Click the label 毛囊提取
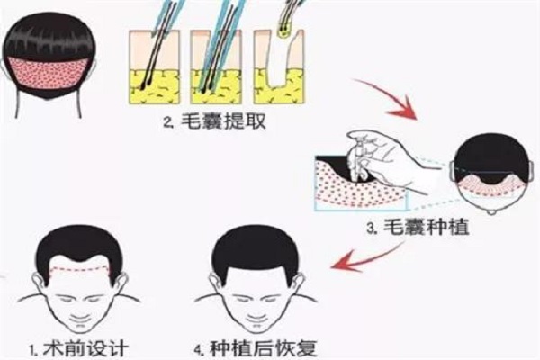(223, 121)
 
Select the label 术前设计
(85, 348)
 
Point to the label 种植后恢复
(264, 348)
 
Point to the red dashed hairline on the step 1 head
(80, 268)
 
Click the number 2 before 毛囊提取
(167, 122)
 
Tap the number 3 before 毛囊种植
(371, 229)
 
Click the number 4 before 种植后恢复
(198, 349)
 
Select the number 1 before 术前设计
(33, 349)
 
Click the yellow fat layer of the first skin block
(154, 86)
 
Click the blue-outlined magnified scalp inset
(360, 183)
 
